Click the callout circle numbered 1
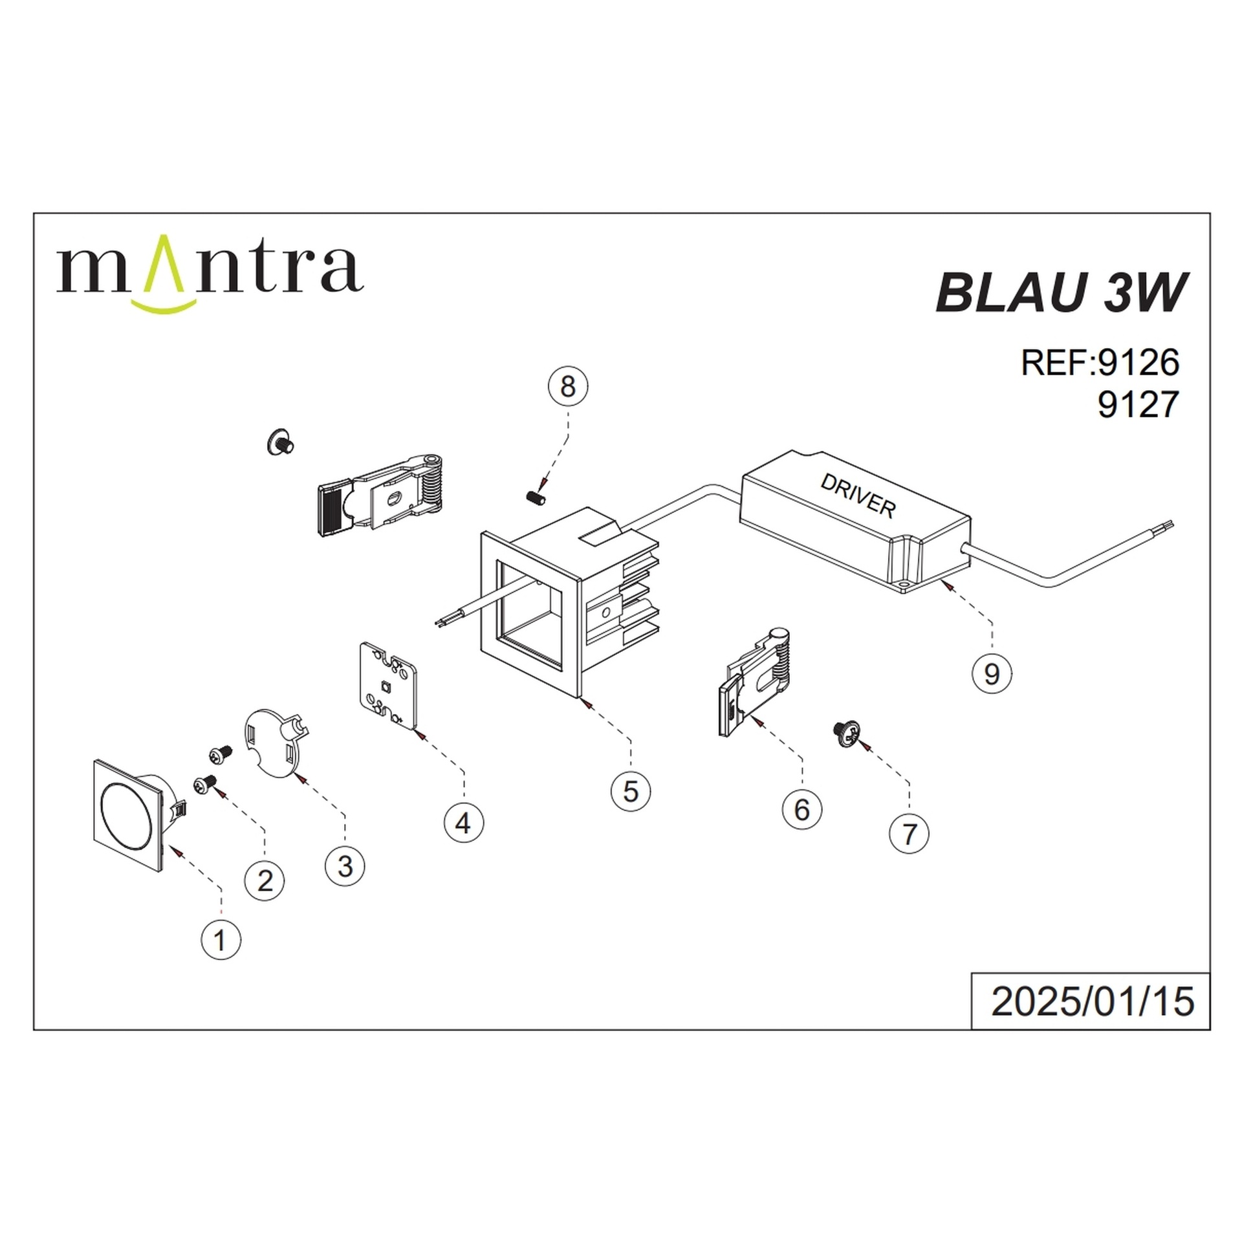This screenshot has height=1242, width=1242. (x=221, y=939)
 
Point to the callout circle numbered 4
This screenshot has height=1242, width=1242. (x=463, y=823)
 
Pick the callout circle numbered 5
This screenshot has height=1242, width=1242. (x=631, y=790)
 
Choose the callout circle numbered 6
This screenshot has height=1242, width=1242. (x=801, y=809)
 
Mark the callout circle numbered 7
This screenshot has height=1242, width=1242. (x=909, y=833)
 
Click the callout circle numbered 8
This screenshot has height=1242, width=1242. (x=567, y=386)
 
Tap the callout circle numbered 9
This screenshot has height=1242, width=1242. (x=992, y=674)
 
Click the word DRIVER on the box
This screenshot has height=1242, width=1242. (x=858, y=496)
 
